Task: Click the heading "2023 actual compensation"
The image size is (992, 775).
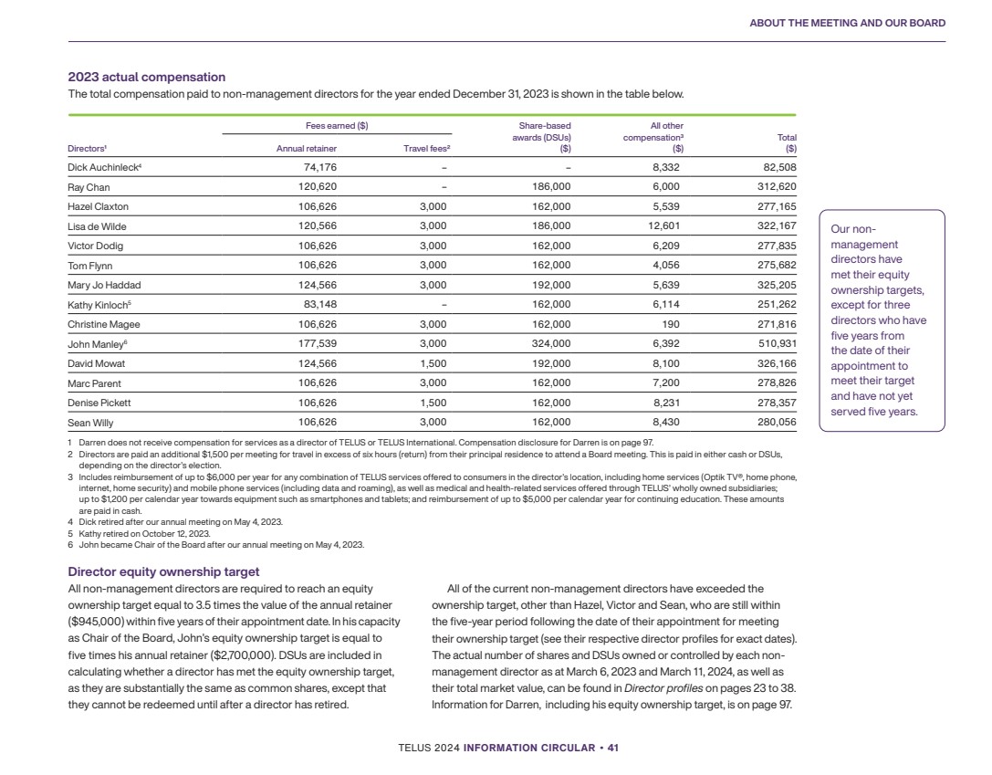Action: tap(147, 77)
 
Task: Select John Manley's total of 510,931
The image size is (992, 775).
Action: tap(775, 344)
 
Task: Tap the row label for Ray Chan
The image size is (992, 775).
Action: tap(89, 187)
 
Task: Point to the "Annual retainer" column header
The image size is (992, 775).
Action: tap(307, 148)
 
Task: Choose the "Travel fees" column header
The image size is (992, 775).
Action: tap(427, 148)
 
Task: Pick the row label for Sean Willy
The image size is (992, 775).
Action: tap(90, 423)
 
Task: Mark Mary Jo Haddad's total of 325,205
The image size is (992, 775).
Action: tap(775, 285)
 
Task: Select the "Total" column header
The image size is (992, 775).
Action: tap(785, 138)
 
